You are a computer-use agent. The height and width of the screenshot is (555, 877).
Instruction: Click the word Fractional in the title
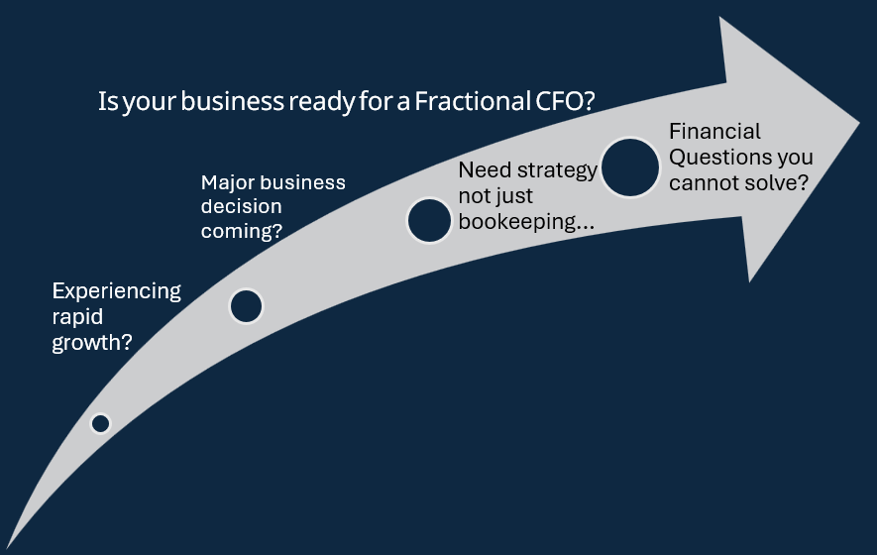tap(472, 101)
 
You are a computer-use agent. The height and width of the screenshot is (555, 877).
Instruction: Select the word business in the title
tap(232, 101)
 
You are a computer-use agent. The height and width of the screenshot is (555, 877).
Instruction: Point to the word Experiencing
tap(116, 291)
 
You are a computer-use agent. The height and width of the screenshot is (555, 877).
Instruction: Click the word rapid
tap(77, 317)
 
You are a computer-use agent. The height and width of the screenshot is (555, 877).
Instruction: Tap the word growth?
tap(92, 342)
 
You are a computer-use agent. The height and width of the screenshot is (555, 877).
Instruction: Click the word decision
tap(241, 206)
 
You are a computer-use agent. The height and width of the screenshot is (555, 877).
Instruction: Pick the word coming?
tap(242, 231)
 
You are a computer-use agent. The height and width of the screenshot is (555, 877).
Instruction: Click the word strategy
tap(557, 170)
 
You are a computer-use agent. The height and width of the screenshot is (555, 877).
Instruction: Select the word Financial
tap(714, 132)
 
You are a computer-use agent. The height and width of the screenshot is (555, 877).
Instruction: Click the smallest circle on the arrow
tap(101, 423)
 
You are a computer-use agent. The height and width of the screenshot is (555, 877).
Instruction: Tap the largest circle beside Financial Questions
tap(630, 167)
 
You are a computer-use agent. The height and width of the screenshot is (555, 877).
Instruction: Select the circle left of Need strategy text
tap(429, 220)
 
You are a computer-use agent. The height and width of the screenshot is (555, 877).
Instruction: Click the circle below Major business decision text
tap(246, 306)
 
